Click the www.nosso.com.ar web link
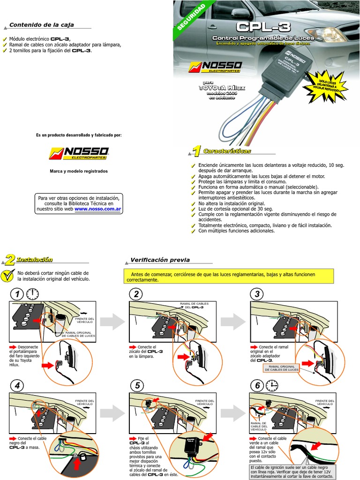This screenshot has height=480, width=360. click(98, 210)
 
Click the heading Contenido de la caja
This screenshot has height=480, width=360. click(42, 25)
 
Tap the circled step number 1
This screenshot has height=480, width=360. click(17, 294)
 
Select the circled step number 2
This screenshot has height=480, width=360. click(136, 294)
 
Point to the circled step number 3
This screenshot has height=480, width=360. click(257, 294)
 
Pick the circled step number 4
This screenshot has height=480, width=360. click(17, 386)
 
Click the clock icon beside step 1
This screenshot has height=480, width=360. click(32, 293)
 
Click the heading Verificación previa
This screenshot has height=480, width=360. click(160, 259)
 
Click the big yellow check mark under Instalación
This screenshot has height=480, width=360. click(7, 276)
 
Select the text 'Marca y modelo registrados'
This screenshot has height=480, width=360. click(79, 171)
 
